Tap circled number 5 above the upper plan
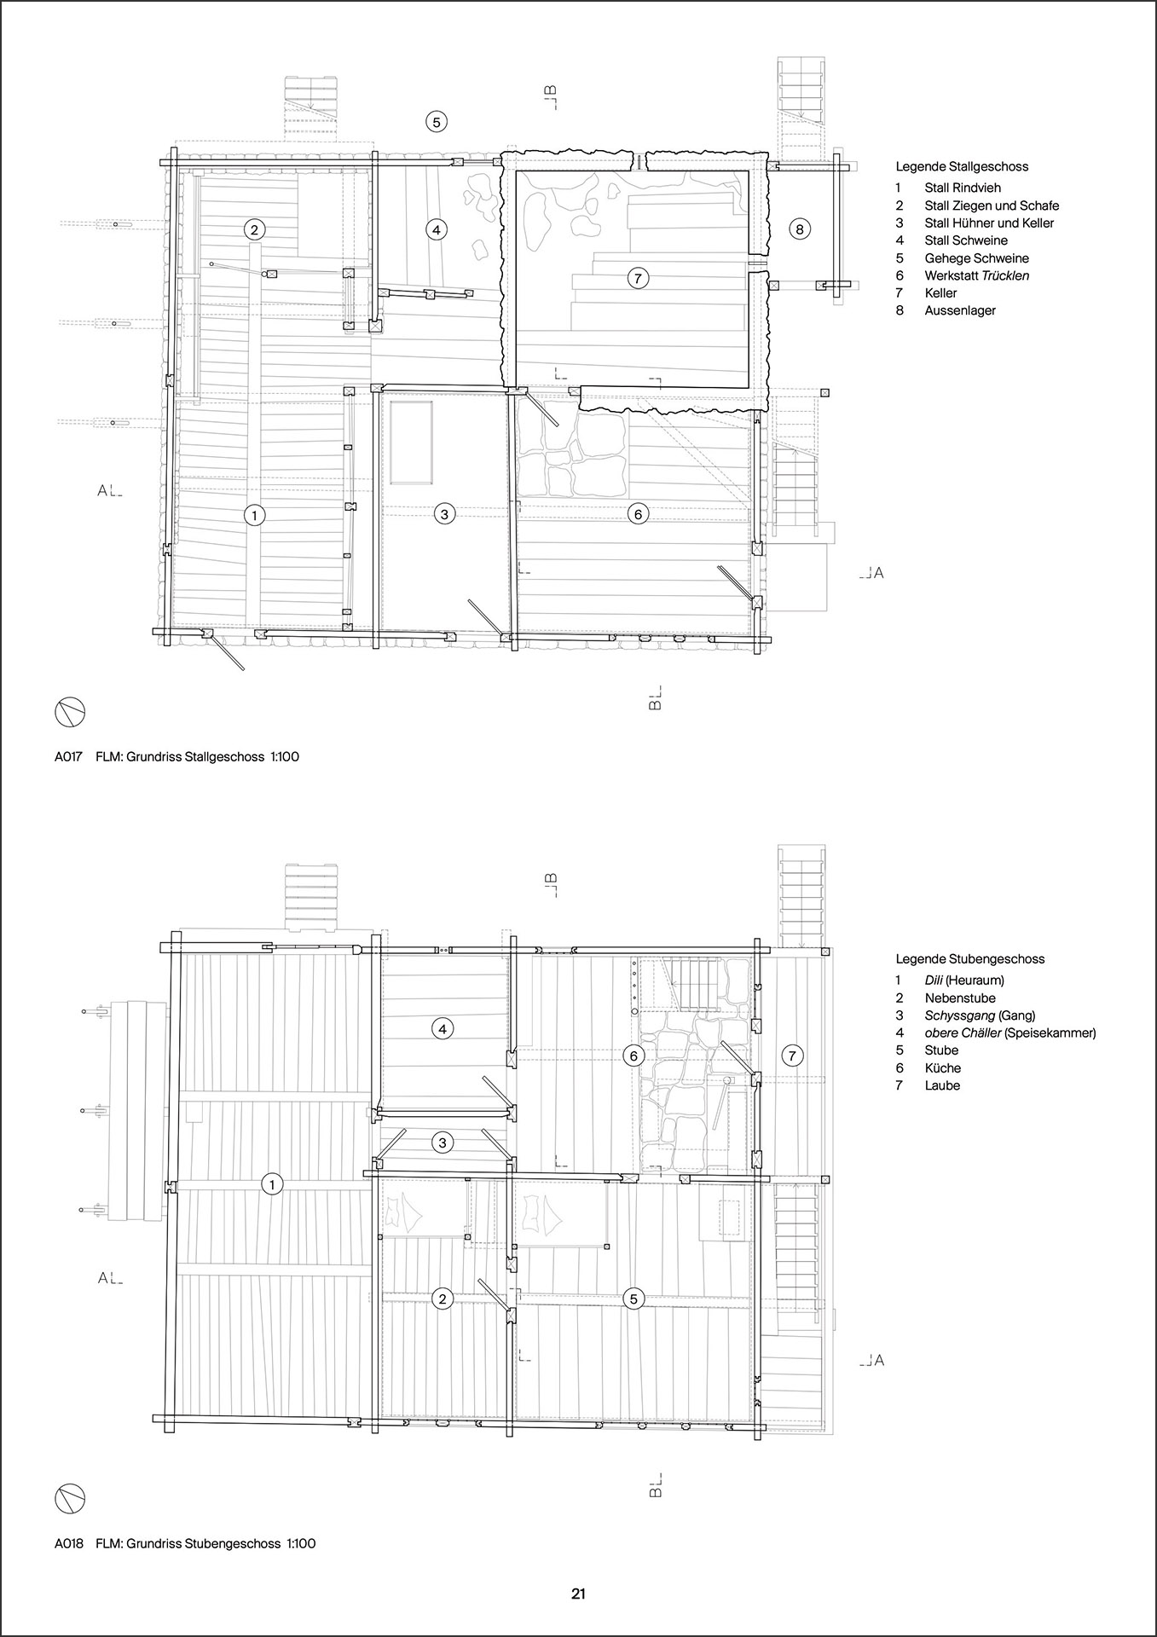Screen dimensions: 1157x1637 pyautogui.click(x=436, y=121)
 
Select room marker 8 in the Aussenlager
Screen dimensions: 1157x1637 pyautogui.click(x=799, y=228)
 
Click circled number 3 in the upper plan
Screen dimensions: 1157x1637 pyautogui.click(x=444, y=513)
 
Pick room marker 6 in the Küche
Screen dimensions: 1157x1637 pyautogui.click(x=633, y=1056)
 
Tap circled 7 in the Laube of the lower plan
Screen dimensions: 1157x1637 pyautogui.click(x=792, y=1056)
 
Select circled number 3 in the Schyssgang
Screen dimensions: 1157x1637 pyautogui.click(x=442, y=1142)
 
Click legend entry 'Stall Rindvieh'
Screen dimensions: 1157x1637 pyautogui.click(x=963, y=188)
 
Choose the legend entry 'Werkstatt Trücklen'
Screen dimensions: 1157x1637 pyautogui.click(x=977, y=275)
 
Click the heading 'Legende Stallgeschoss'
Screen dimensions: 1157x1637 pyautogui.click(x=962, y=167)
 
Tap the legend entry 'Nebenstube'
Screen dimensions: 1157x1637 pyautogui.click(x=960, y=998)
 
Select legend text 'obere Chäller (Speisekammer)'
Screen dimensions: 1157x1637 pyautogui.click(x=1010, y=1033)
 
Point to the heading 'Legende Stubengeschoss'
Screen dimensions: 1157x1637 pyautogui.click(x=969, y=959)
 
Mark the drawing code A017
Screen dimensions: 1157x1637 pyautogui.click(x=68, y=756)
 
